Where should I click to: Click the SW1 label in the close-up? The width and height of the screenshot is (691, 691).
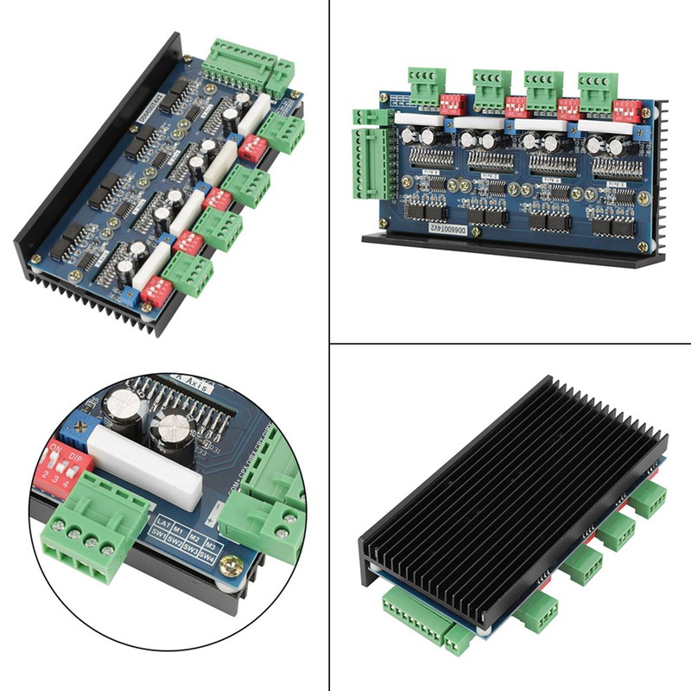(158, 533)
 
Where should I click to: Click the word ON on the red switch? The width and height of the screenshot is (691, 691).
(58, 449)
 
